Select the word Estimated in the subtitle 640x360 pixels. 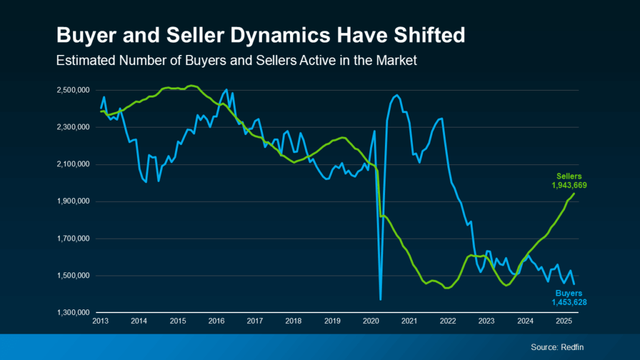[x=82, y=61]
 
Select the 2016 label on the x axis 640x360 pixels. [x=216, y=321]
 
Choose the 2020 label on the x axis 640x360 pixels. [x=371, y=321]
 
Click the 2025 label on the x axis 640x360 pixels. [x=564, y=321]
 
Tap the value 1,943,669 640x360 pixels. [x=568, y=186]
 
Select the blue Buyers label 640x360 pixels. [x=569, y=293]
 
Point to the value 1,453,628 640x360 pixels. [x=568, y=302]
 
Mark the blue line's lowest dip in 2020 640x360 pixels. [x=381, y=299]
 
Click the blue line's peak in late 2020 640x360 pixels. [x=397, y=95]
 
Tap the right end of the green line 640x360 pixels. [x=574, y=194]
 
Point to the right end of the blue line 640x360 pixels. [x=574, y=284]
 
